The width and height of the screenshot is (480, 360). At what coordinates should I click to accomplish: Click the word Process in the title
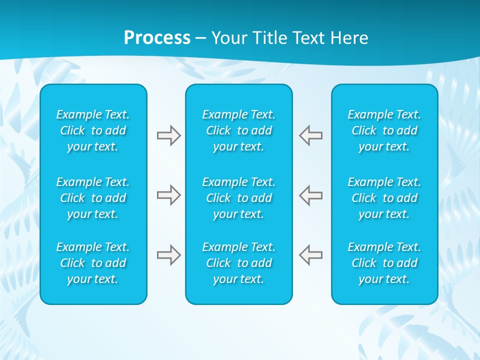click(157, 38)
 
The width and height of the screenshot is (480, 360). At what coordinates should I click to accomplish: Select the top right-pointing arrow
click(168, 135)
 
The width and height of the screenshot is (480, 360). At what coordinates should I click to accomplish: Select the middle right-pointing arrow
click(168, 195)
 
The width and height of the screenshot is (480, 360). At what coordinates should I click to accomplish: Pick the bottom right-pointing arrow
click(168, 255)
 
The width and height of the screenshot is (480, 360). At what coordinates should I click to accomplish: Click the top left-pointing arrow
click(311, 135)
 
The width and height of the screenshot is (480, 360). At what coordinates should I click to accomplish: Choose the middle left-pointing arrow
click(311, 195)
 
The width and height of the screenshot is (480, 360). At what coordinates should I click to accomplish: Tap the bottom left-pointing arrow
click(311, 255)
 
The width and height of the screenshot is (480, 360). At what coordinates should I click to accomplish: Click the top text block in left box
click(93, 130)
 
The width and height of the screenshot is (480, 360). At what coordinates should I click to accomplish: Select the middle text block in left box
click(93, 198)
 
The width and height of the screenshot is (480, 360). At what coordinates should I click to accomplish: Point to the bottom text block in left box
click(93, 263)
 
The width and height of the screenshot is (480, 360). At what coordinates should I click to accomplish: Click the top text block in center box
click(238, 130)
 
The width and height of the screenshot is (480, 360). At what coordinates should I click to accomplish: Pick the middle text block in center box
click(238, 198)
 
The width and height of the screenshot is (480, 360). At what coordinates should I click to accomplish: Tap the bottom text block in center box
click(238, 263)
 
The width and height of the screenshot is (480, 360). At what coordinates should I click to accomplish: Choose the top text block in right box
click(384, 130)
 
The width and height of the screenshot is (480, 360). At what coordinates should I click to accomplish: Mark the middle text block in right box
click(384, 198)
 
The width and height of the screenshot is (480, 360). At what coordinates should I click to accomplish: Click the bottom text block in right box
click(384, 263)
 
